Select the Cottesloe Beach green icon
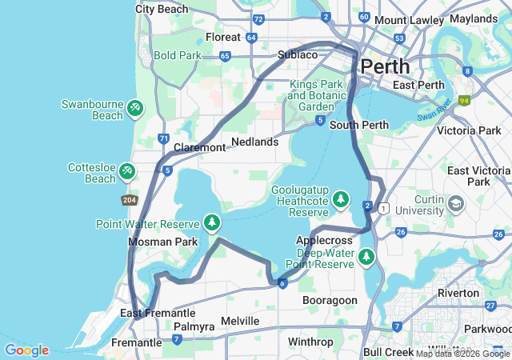[127, 170]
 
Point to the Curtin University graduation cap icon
[456, 203]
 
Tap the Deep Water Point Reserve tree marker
[366, 257]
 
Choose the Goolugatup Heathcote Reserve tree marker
[342, 198]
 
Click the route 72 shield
[258, 19]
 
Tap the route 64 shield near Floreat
[251, 38]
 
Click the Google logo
[26, 350]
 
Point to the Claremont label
[199, 148]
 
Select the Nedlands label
[254, 142]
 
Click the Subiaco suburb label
[298, 54]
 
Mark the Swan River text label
[434, 110]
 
